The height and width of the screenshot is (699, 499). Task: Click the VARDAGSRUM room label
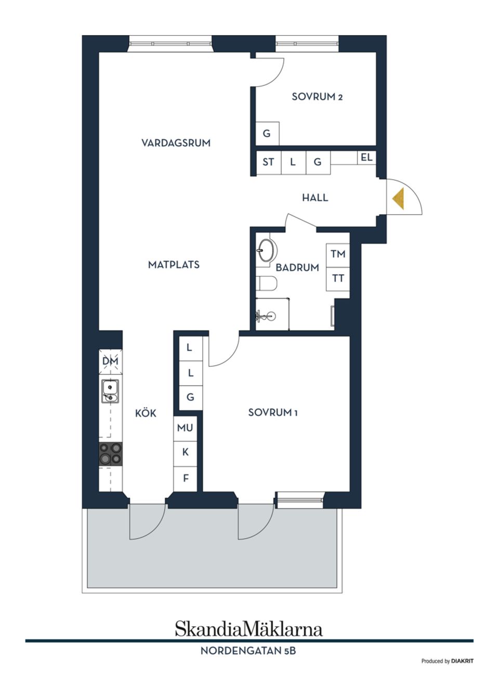click(x=176, y=143)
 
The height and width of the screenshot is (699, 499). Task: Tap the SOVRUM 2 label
click(x=317, y=97)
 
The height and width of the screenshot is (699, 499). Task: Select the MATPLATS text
click(x=174, y=265)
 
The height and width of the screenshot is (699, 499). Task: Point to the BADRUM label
click(x=297, y=267)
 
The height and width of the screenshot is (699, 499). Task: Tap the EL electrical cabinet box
click(x=366, y=157)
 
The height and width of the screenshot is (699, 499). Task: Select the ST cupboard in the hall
click(x=268, y=162)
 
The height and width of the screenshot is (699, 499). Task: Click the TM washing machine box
click(x=338, y=254)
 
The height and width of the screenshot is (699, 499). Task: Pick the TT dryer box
click(x=338, y=278)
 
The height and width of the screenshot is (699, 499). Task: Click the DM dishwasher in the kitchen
click(x=110, y=361)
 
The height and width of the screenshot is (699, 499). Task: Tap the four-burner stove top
click(x=111, y=453)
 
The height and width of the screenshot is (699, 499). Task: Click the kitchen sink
click(x=110, y=391)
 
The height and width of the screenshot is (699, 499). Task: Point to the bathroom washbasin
click(x=266, y=251)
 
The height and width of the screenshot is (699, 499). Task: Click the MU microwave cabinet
click(x=185, y=428)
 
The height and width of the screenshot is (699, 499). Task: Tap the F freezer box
click(x=186, y=478)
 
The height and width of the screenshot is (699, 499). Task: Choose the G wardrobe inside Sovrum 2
click(x=267, y=134)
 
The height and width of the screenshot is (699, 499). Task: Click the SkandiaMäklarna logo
click(x=248, y=629)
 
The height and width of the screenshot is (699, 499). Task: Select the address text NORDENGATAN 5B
click(x=248, y=651)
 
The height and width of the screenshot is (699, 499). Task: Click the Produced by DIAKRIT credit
click(x=447, y=661)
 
